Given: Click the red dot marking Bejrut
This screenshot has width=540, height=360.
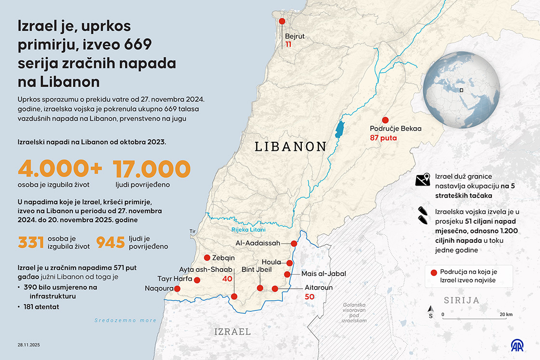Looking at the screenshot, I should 282,21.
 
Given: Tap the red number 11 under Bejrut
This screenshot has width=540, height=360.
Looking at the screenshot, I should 289,44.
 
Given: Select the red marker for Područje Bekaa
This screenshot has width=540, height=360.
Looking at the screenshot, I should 385,120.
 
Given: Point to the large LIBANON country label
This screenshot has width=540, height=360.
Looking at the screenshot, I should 290,147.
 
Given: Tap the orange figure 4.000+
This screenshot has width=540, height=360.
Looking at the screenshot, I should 60,169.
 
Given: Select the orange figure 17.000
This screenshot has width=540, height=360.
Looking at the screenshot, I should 152,169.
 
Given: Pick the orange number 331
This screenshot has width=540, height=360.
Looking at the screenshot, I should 31,242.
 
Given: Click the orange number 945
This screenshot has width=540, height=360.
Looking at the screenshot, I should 111,242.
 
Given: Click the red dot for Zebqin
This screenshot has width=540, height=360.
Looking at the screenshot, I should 207,257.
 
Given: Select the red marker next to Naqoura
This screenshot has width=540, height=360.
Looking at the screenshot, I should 177,289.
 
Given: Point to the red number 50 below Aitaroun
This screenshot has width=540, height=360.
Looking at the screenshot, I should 310,297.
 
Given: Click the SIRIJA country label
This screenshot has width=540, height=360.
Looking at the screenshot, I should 462,300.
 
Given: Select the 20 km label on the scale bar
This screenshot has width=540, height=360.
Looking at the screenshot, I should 506,314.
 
